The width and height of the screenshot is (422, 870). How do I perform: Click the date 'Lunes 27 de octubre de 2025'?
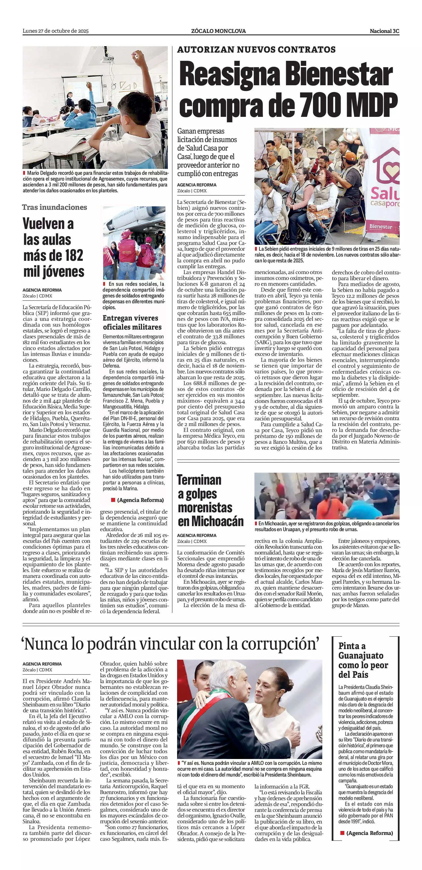(56, 31)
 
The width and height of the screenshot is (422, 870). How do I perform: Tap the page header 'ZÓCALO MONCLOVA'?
(218, 31)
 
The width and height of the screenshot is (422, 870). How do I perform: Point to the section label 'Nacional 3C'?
(385, 31)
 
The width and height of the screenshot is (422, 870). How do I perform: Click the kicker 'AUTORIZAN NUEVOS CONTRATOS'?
(256, 50)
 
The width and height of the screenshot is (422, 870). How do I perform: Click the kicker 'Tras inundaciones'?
(55, 207)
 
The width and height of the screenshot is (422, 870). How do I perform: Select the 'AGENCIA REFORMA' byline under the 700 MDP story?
(197, 185)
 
